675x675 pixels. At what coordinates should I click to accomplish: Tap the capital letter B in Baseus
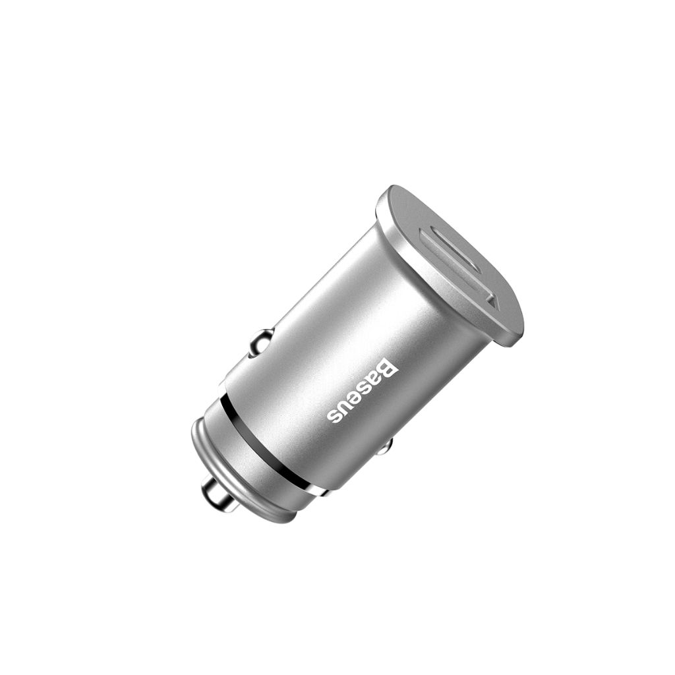tap(388, 368)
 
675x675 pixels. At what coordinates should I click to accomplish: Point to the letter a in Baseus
tap(378, 378)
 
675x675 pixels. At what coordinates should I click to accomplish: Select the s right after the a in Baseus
tap(368, 387)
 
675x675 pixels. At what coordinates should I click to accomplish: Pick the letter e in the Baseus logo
tap(359, 396)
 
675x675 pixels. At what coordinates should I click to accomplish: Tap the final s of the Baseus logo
tap(337, 415)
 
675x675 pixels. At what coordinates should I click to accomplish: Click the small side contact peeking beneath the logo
tap(384, 447)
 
